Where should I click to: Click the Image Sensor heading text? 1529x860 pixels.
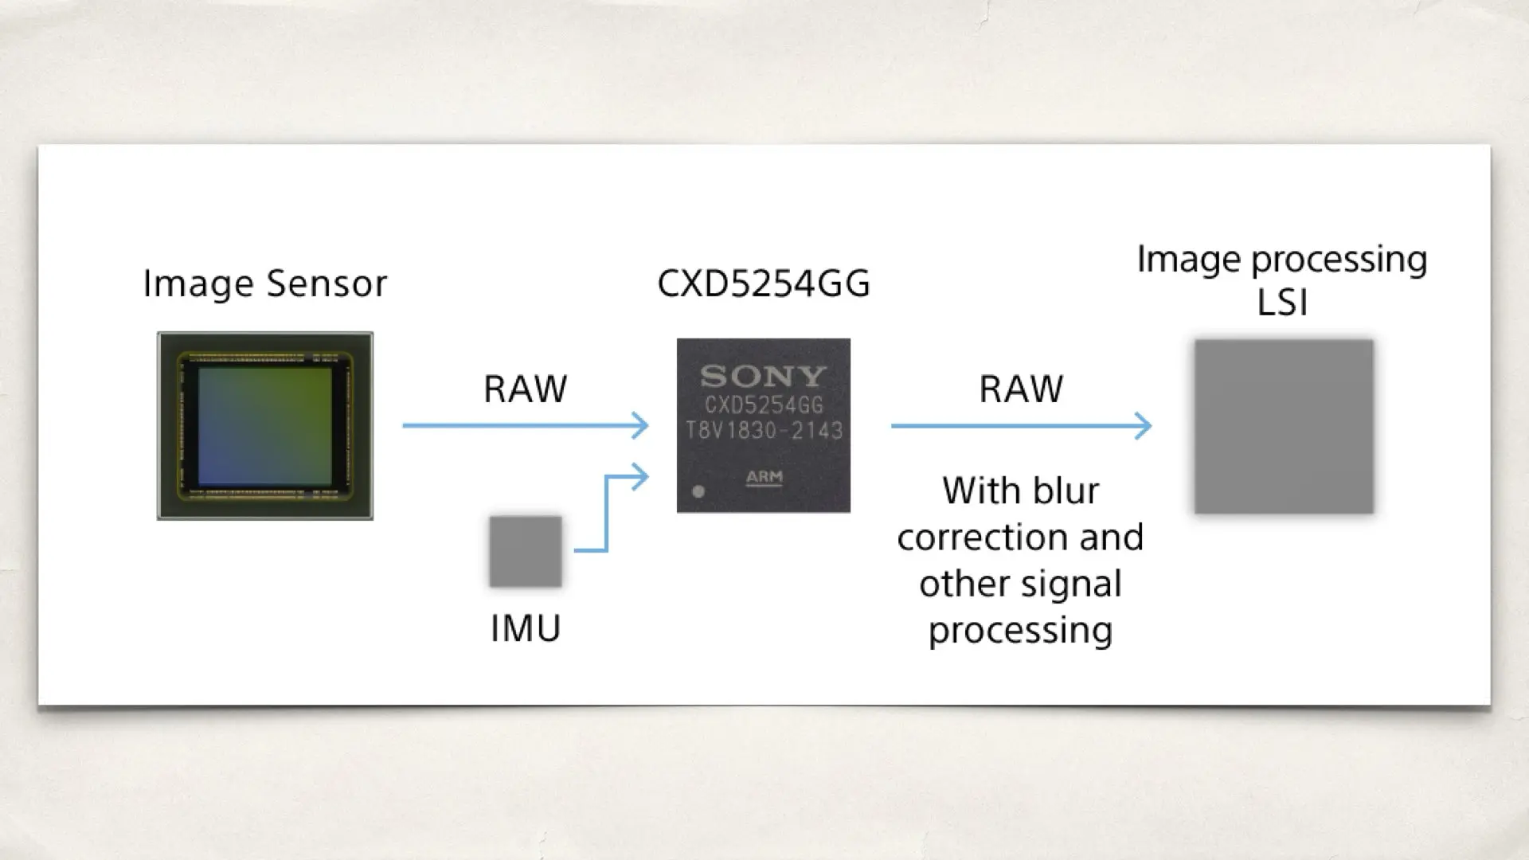pyautogui.click(x=264, y=283)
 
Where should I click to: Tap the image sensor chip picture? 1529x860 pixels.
pyautogui.click(x=265, y=426)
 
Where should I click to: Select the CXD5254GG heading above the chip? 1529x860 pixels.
pyautogui.click(x=763, y=283)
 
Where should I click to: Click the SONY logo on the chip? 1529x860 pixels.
pyautogui.click(x=763, y=376)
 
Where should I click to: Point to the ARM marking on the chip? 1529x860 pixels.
pyautogui.click(x=764, y=478)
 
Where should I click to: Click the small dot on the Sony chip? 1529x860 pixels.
pyautogui.click(x=698, y=491)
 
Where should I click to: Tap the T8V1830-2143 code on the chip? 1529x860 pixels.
pyautogui.click(x=764, y=431)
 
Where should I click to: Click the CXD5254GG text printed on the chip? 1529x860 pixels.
pyautogui.click(x=764, y=405)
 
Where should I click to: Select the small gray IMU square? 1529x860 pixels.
pyautogui.click(x=526, y=551)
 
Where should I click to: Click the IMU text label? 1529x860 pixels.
pyautogui.click(x=526, y=628)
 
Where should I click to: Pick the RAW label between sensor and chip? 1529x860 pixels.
pyautogui.click(x=526, y=389)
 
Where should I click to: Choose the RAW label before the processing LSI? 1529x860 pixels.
pyautogui.click(x=1021, y=389)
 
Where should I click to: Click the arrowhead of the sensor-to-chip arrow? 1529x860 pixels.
pyautogui.click(x=641, y=426)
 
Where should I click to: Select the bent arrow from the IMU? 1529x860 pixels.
pyautogui.click(x=608, y=510)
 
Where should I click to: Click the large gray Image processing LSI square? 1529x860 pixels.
pyautogui.click(x=1284, y=427)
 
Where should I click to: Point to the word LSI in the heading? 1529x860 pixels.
pyautogui.click(x=1282, y=303)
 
